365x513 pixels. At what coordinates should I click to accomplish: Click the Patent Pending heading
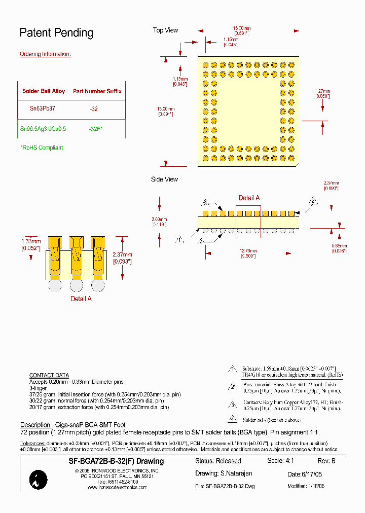click(x=56, y=33)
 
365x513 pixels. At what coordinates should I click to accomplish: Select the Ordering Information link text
click(x=45, y=54)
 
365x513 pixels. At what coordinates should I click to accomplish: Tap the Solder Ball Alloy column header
click(x=44, y=91)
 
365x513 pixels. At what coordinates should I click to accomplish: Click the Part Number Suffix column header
click(x=97, y=91)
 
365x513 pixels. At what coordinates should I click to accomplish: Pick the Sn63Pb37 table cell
click(x=43, y=108)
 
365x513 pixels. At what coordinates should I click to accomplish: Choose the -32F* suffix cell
click(x=95, y=129)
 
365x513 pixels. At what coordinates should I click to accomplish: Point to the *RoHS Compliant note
click(x=42, y=148)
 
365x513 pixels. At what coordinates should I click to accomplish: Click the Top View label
click(x=165, y=30)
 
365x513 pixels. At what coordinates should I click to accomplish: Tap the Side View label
click(x=164, y=179)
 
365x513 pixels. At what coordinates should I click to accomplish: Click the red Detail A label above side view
click(x=249, y=198)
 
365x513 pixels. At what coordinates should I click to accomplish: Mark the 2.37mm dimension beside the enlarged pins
click(x=122, y=258)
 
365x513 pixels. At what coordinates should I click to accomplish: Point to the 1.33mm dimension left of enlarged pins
click(x=30, y=244)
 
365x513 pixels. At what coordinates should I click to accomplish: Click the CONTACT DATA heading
click(x=49, y=376)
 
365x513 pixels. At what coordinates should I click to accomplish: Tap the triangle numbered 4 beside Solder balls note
click(x=232, y=419)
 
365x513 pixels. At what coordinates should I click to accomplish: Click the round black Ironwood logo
click(x=39, y=480)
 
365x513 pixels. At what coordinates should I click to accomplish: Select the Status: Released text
click(x=218, y=461)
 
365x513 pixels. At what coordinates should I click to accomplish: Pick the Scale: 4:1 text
click(x=280, y=461)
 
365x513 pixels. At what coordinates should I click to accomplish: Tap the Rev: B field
click(x=326, y=461)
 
